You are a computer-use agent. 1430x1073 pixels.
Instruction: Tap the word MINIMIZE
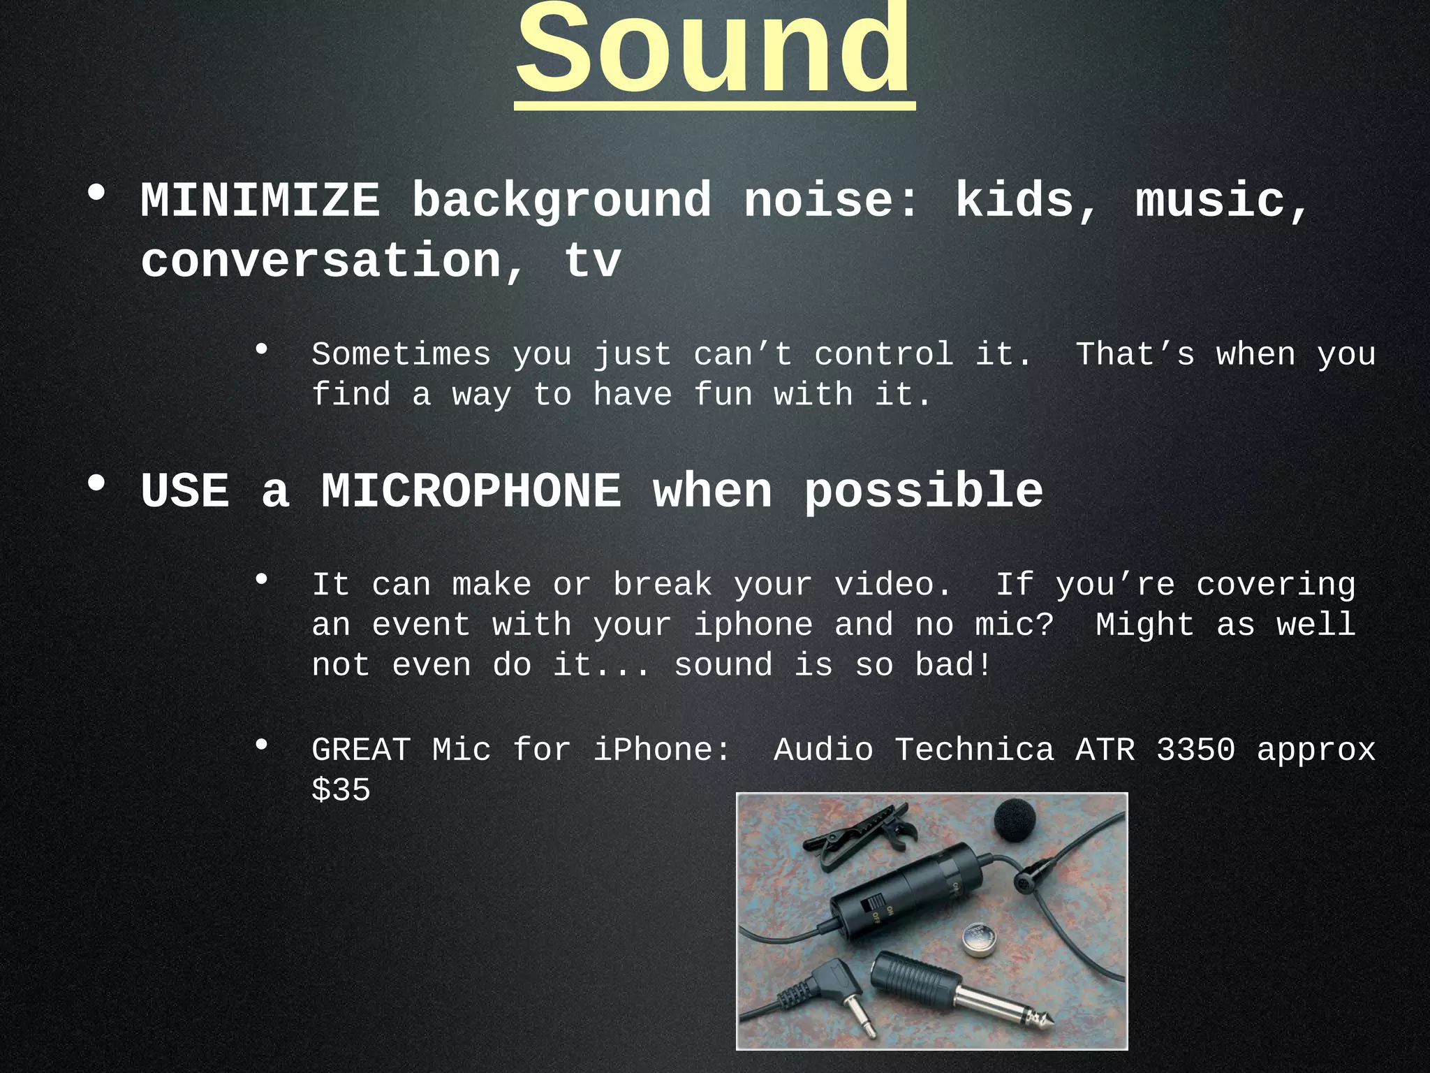260,201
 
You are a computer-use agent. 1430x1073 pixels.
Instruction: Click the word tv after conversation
592,261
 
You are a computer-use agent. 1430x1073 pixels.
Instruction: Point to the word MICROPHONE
471,491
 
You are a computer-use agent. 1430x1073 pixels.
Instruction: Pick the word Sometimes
401,355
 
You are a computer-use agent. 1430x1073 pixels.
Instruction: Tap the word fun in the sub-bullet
723,395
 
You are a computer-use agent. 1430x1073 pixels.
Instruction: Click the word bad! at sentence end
953,665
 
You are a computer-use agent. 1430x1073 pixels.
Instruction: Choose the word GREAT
361,750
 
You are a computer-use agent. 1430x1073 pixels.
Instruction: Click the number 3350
1195,750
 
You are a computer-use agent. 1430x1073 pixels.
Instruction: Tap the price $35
341,791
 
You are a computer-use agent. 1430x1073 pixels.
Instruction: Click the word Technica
974,750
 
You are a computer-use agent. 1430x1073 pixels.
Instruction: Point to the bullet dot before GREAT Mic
262,745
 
